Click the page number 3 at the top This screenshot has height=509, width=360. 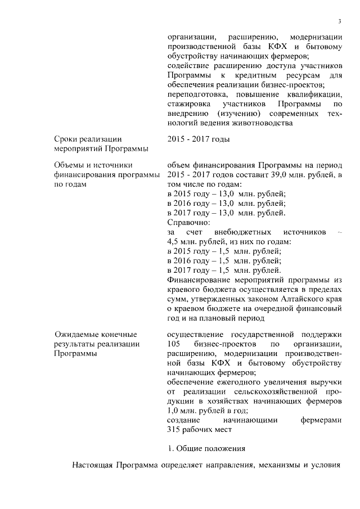[x=340, y=21]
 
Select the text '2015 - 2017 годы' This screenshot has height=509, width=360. [x=199, y=139]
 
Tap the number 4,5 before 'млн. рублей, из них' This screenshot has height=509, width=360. [x=177, y=242]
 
